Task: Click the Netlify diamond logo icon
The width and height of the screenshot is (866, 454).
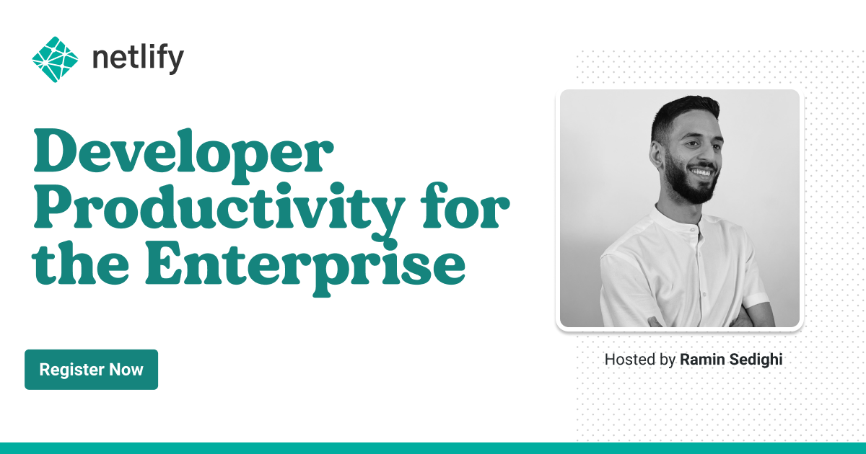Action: (x=55, y=58)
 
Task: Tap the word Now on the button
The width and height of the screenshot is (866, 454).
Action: (x=126, y=370)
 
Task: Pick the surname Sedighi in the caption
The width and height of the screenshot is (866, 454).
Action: (x=756, y=359)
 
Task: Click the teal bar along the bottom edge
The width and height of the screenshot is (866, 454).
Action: (x=433, y=448)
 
